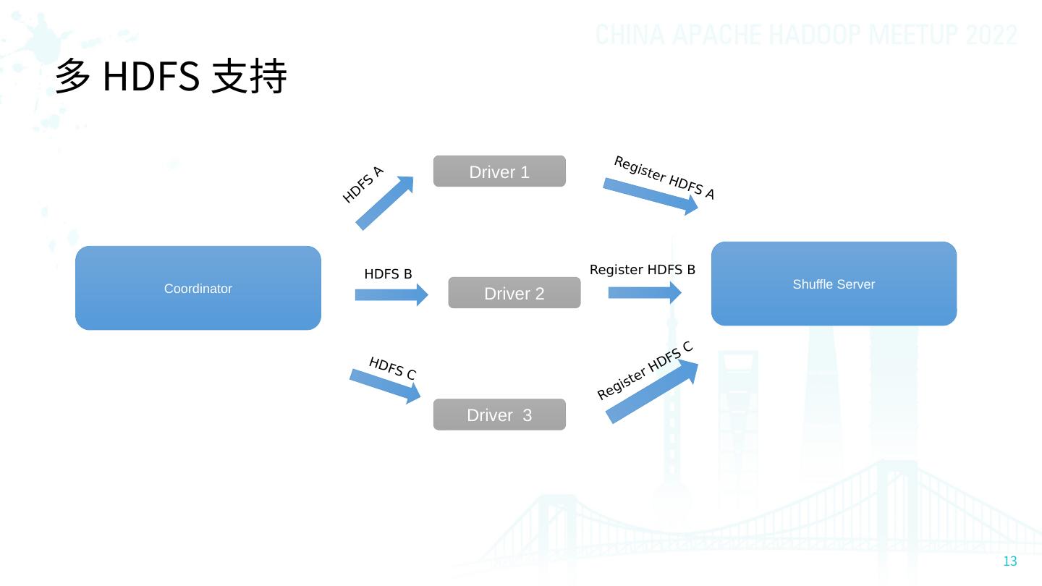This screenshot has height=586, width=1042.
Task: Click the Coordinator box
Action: (198, 288)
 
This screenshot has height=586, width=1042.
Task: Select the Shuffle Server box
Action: (834, 284)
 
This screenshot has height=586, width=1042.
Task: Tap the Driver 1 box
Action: (499, 171)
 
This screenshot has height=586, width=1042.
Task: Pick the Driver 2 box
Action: (514, 293)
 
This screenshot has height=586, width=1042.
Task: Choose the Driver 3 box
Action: (499, 415)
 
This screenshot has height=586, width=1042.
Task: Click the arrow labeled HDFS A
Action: (384, 203)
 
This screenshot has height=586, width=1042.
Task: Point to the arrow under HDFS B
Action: (391, 294)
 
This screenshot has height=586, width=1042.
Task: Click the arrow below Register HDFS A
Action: (650, 196)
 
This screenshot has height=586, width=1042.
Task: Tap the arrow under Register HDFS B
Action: (644, 292)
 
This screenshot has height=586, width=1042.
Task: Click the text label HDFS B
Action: (388, 274)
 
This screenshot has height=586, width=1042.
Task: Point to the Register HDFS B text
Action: (643, 270)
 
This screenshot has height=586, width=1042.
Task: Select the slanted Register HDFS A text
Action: (664, 178)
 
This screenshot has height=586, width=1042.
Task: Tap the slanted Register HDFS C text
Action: (645, 370)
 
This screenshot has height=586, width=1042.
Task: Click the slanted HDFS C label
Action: (392, 368)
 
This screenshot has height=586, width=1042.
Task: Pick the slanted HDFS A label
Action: (363, 184)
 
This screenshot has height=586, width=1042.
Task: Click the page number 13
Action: (1010, 561)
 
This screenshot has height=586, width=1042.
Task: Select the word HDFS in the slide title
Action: (151, 76)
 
